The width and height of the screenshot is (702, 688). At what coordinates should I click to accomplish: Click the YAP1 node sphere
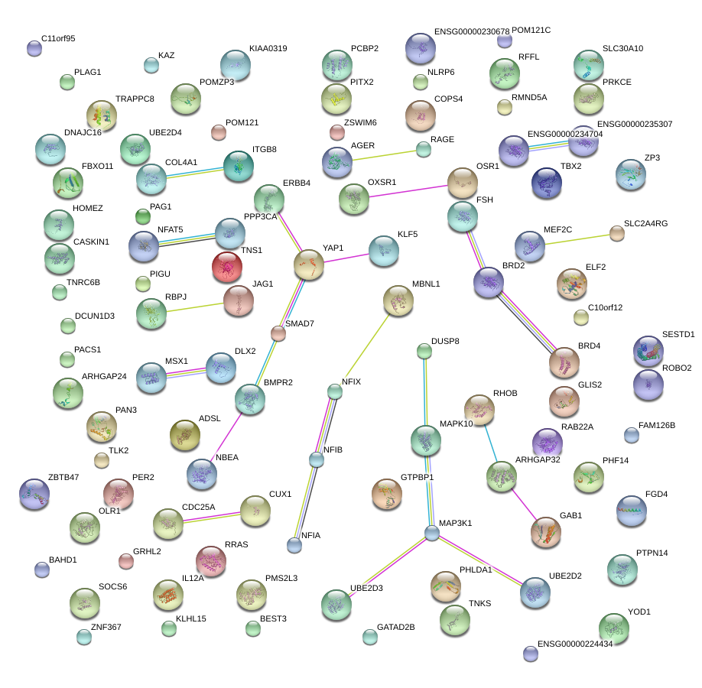[x=309, y=264]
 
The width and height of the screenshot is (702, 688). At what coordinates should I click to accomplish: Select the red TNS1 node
[x=226, y=267]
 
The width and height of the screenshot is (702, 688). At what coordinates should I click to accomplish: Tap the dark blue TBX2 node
[x=546, y=183]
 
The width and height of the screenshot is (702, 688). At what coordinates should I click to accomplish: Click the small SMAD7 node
[x=278, y=333]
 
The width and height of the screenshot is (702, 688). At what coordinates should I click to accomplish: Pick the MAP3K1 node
[x=432, y=534]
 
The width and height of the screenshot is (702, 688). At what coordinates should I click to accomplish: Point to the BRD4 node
[x=564, y=362]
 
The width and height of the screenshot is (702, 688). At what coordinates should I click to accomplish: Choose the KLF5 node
[x=383, y=250]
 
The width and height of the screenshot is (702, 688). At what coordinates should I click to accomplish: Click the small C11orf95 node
[x=34, y=48]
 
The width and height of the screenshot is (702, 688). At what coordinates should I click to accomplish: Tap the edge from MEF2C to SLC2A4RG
[x=577, y=239]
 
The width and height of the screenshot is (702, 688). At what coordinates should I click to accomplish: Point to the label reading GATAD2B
[x=396, y=627]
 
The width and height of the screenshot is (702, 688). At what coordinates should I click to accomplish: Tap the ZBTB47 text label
[x=63, y=478]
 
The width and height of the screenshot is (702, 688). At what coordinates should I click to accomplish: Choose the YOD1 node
[x=613, y=628]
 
